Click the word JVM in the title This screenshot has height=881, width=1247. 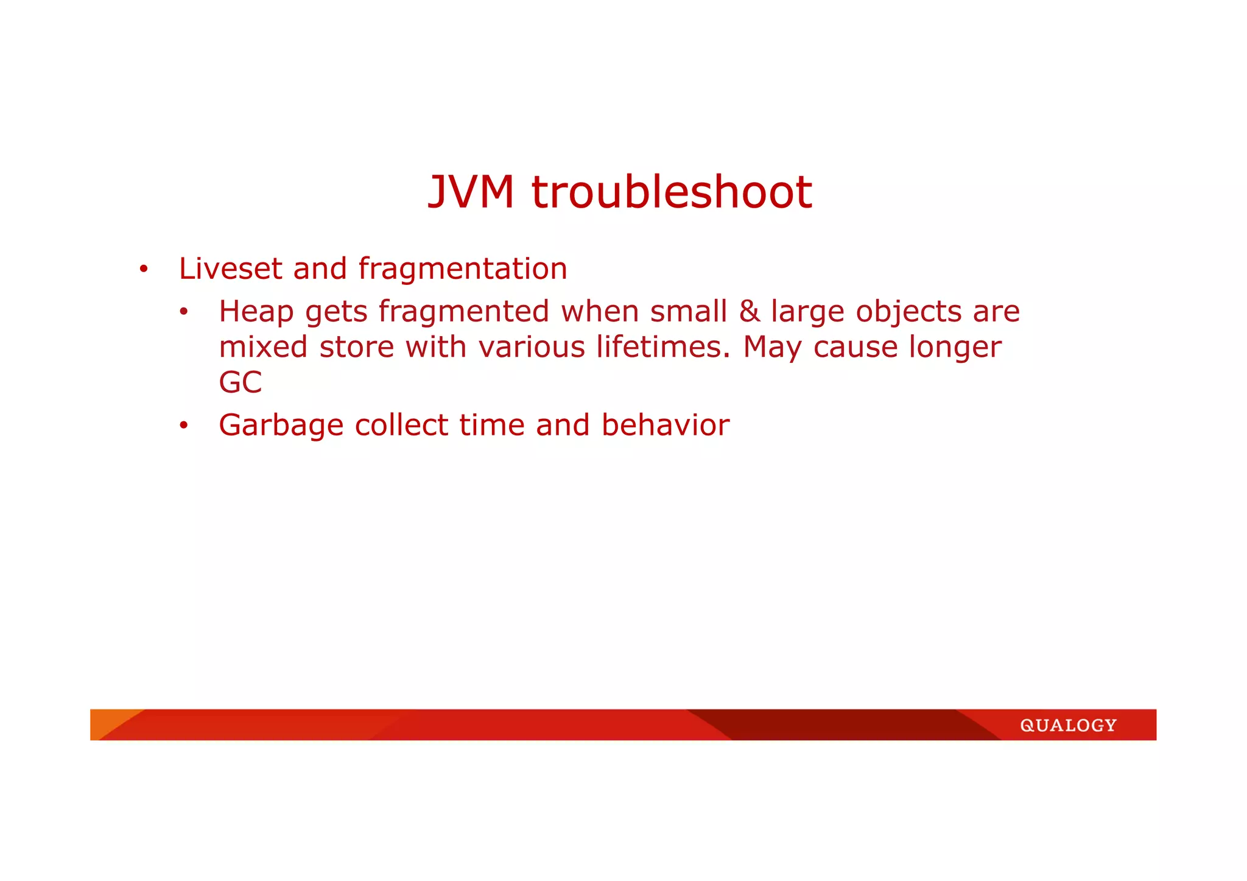(x=471, y=192)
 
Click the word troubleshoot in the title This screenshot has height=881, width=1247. (x=672, y=192)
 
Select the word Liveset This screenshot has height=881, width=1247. (x=231, y=269)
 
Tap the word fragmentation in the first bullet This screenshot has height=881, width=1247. (x=463, y=269)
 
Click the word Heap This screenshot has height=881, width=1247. (x=256, y=312)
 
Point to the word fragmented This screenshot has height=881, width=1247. (x=464, y=312)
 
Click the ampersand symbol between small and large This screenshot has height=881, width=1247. (x=749, y=312)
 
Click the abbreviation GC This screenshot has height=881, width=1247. (x=241, y=382)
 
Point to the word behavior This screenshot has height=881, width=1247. (x=666, y=425)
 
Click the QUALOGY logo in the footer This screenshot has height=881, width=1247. (x=1068, y=725)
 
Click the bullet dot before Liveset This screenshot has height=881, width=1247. (x=143, y=269)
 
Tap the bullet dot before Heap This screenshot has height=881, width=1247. (x=183, y=312)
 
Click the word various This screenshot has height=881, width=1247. (x=532, y=347)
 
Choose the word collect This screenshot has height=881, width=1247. (x=401, y=425)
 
